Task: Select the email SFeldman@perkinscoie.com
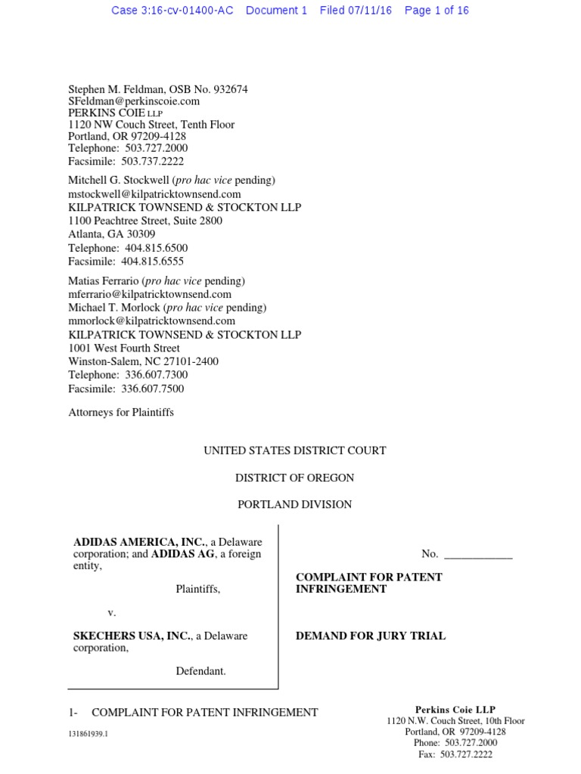134,101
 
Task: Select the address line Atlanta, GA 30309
112,234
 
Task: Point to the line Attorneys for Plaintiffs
121,413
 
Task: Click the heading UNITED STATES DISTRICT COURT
294,450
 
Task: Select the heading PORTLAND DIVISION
294,504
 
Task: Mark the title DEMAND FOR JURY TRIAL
370,636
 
